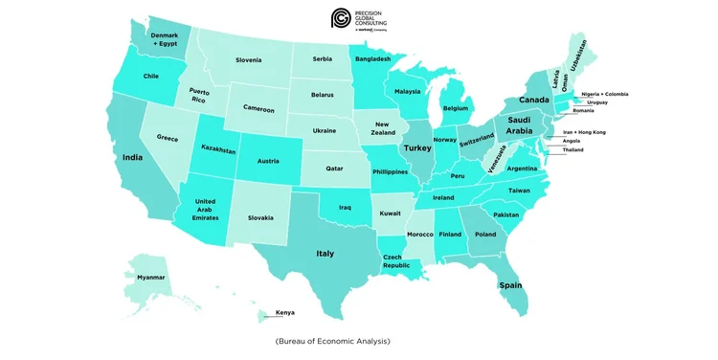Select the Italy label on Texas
(325, 253)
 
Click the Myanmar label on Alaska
(150, 277)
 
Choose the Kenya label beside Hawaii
(285, 312)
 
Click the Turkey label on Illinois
(417, 149)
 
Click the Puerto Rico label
(198, 95)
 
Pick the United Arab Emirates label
(206, 209)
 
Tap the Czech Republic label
(396, 261)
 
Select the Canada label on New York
(534, 100)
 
